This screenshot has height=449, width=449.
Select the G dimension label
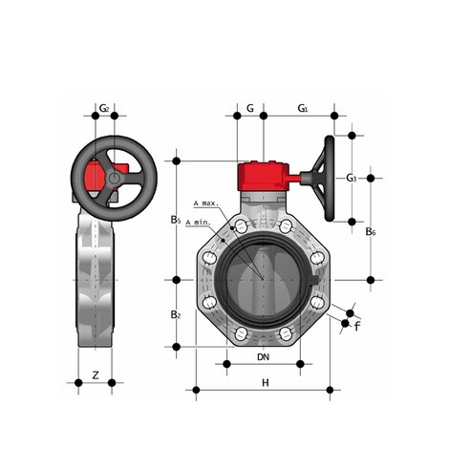249,108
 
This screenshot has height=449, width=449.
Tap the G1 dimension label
302,108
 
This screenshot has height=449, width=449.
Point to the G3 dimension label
352,178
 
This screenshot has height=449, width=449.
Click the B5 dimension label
176,220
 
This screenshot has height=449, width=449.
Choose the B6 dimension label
371,231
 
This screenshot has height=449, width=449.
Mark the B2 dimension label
176,314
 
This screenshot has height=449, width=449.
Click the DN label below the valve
263,356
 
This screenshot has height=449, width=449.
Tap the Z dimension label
95,375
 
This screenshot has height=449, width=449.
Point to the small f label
356,327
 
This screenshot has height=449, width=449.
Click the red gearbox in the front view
263,178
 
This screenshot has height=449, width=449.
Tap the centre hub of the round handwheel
115,178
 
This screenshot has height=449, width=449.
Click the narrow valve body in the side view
95,287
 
